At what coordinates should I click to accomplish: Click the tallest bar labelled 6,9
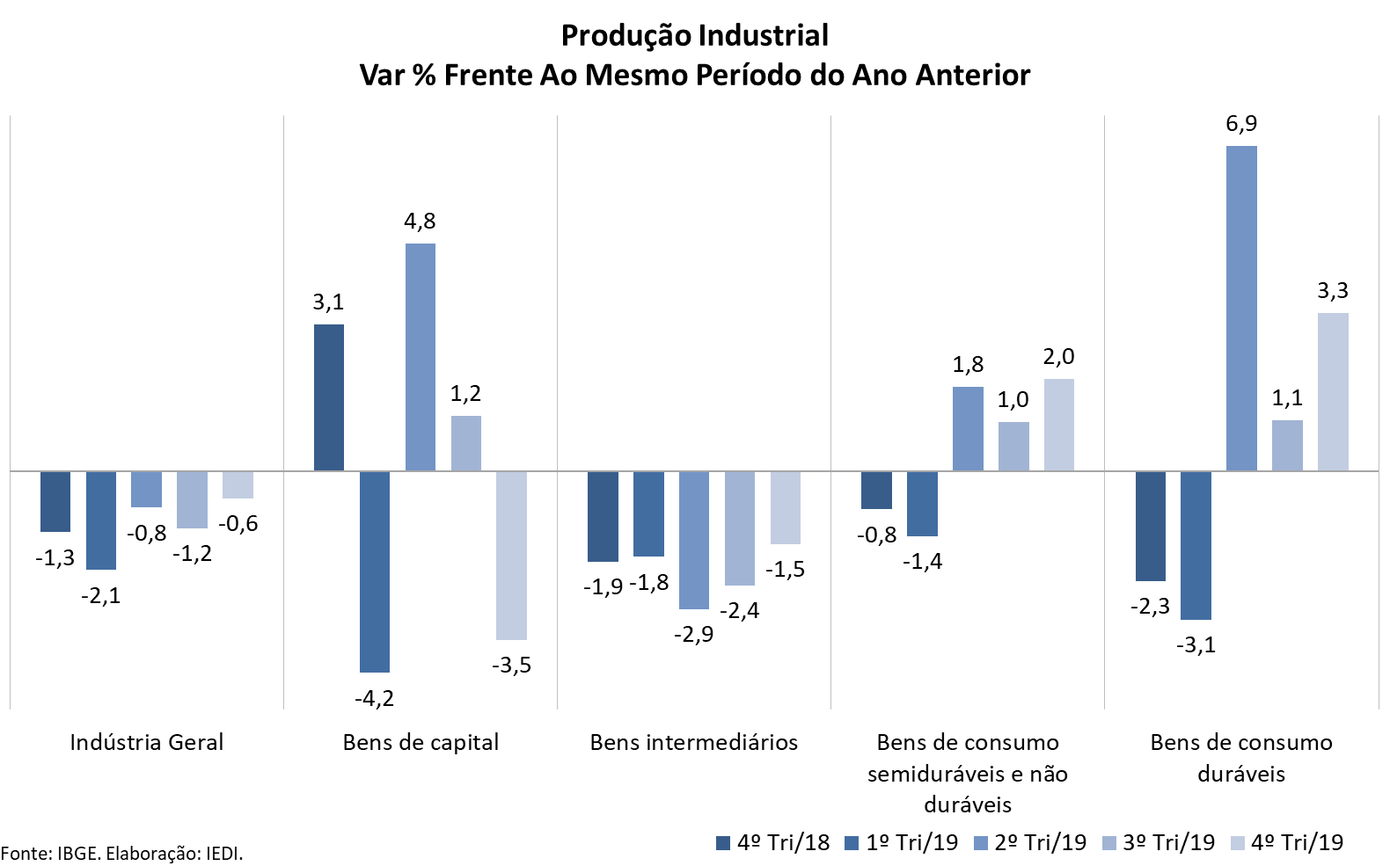1241,308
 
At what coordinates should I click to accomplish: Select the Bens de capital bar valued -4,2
375,571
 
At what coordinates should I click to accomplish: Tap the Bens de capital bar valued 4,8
421,357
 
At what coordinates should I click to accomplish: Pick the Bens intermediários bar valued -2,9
694,540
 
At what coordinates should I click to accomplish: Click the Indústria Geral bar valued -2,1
101,520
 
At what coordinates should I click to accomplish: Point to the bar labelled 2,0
1059,425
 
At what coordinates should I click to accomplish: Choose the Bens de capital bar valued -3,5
511,556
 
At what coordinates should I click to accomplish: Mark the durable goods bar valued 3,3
1333,391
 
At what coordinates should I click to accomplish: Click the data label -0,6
238,524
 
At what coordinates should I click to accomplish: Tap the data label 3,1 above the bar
328,302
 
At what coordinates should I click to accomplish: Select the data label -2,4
739,611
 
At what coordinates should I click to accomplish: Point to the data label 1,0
1013,400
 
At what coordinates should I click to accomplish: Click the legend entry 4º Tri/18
773,842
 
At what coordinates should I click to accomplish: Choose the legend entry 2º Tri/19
1030,842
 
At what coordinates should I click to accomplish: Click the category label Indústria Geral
147,742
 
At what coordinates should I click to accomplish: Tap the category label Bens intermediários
694,742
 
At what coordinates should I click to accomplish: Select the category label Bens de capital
421,742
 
